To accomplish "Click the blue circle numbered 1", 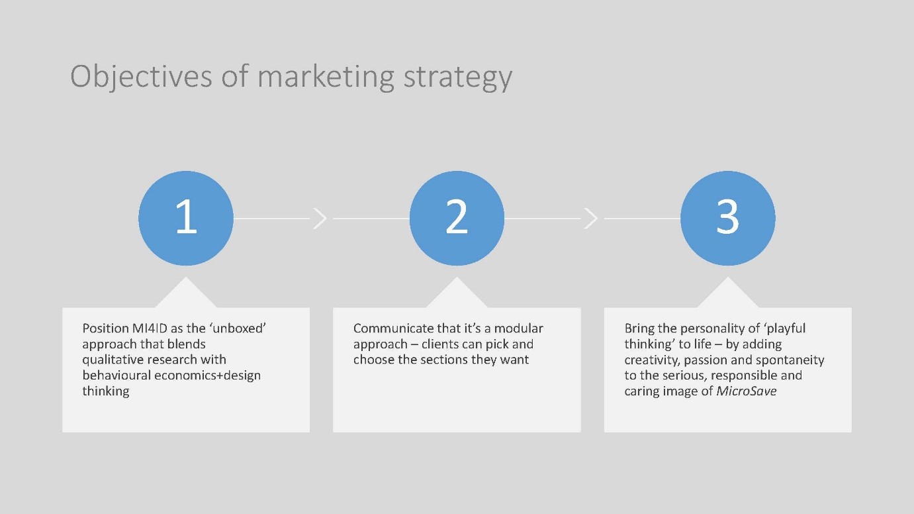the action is coord(186,219).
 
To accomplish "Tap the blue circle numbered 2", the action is coord(457,219).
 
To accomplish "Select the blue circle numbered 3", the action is coord(728,219).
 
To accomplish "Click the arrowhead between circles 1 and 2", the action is coord(320,219).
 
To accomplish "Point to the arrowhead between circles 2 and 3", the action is coord(591,219).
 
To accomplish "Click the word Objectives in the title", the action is coord(141,77).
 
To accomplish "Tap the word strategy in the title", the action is coord(458,77).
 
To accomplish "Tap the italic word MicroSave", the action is coord(747,391).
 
